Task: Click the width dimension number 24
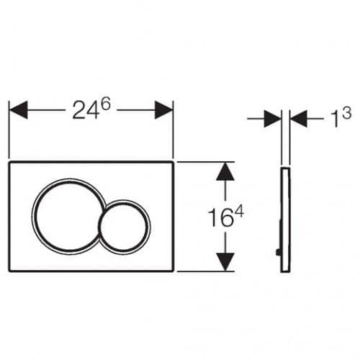tap(86, 111)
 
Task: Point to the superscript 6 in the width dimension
tap(105, 104)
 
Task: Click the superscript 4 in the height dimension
tap(239, 213)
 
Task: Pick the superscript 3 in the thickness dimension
tap(346, 113)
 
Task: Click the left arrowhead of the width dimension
tap(18, 110)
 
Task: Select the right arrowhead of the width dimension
tap(164, 110)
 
